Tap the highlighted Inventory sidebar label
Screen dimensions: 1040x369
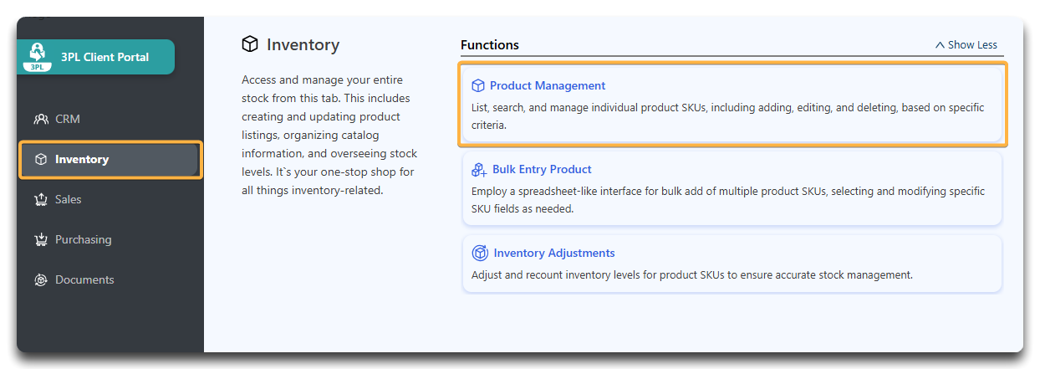(82, 160)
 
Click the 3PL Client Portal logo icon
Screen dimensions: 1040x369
(37, 57)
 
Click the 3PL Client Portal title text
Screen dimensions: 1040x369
(105, 57)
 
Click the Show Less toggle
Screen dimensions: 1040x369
(966, 45)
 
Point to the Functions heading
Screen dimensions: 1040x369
(489, 45)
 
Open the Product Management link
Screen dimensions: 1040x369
(548, 85)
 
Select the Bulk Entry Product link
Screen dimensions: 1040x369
(542, 169)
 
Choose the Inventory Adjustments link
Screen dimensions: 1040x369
(554, 253)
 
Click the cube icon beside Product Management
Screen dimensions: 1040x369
(478, 85)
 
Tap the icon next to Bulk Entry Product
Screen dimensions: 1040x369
(479, 170)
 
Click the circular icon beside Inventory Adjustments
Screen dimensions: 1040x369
(480, 253)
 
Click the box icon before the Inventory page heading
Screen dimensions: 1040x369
(250, 44)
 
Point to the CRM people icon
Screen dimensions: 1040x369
(41, 119)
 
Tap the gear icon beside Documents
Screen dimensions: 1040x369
(41, 279)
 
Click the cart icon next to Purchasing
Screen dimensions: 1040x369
(41, 239)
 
